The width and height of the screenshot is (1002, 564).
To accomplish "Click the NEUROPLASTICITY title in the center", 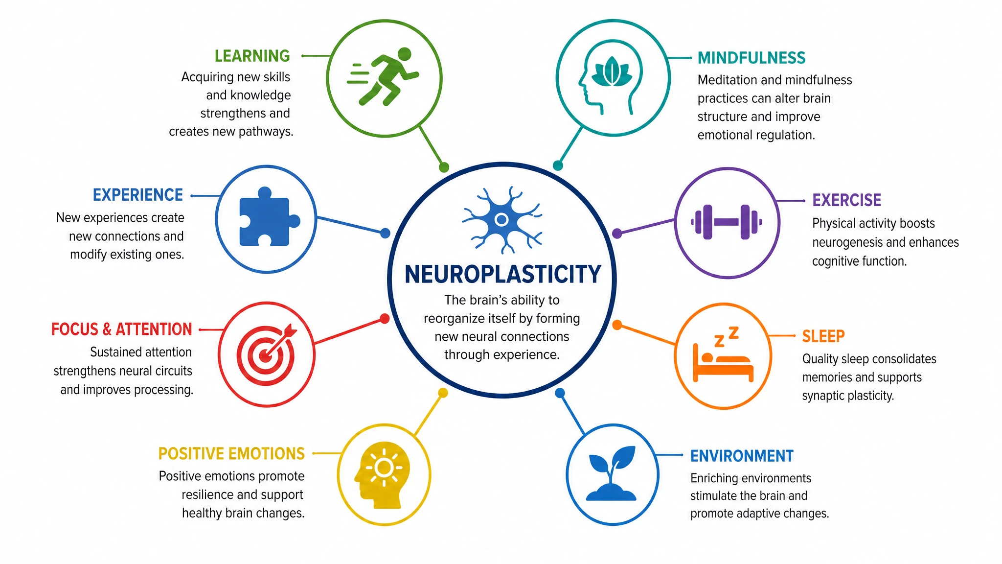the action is pos(502,274).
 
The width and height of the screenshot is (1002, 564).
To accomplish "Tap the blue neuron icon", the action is pos(502,219).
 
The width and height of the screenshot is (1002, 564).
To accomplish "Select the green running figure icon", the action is pos(383,76).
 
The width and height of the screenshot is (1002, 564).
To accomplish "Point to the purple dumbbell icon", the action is pos(727,222).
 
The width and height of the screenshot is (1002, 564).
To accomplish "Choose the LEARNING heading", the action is pos(252,56).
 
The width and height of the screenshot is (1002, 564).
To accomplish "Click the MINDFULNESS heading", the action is pos(751,58).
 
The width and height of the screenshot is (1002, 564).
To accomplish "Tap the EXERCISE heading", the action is pos(846,200).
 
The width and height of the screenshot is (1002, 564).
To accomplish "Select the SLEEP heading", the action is pos(823,336).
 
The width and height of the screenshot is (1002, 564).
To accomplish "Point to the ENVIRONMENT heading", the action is pos(742,456).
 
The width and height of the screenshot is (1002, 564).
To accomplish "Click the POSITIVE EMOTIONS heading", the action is pos(231,454).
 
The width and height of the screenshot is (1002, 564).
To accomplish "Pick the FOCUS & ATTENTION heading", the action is pos(122,329).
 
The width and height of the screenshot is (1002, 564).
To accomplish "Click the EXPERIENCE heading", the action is pos(138,195).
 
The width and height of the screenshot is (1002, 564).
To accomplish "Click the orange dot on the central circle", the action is pos(617,325).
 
